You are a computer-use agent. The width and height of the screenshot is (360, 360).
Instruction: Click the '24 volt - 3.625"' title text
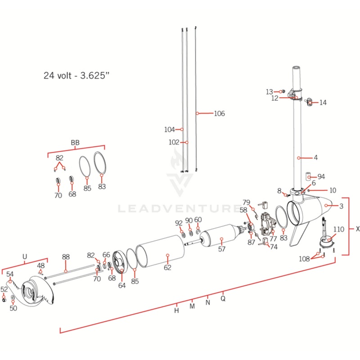76,76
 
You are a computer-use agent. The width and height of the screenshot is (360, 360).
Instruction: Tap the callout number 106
219,113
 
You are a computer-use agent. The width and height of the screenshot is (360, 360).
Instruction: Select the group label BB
75,143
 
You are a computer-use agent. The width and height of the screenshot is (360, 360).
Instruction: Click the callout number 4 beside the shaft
315,157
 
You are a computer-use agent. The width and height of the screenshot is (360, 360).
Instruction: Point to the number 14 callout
323,103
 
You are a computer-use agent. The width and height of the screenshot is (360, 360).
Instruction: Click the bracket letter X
358,229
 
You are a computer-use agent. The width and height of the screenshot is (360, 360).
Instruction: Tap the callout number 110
339,229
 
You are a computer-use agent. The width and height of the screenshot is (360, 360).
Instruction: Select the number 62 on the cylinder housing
167,267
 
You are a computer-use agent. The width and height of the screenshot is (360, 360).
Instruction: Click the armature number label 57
221,249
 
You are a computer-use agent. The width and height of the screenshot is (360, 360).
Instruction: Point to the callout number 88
66,257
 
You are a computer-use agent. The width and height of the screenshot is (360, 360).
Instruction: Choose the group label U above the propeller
24,257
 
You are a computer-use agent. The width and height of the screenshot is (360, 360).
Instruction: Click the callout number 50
13,308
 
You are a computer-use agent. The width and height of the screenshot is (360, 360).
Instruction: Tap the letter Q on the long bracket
223,297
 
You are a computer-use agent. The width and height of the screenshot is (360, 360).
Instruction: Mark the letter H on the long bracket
177,310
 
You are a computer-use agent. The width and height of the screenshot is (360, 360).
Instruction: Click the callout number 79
246,202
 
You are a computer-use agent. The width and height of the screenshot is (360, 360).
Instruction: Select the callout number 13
269,92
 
